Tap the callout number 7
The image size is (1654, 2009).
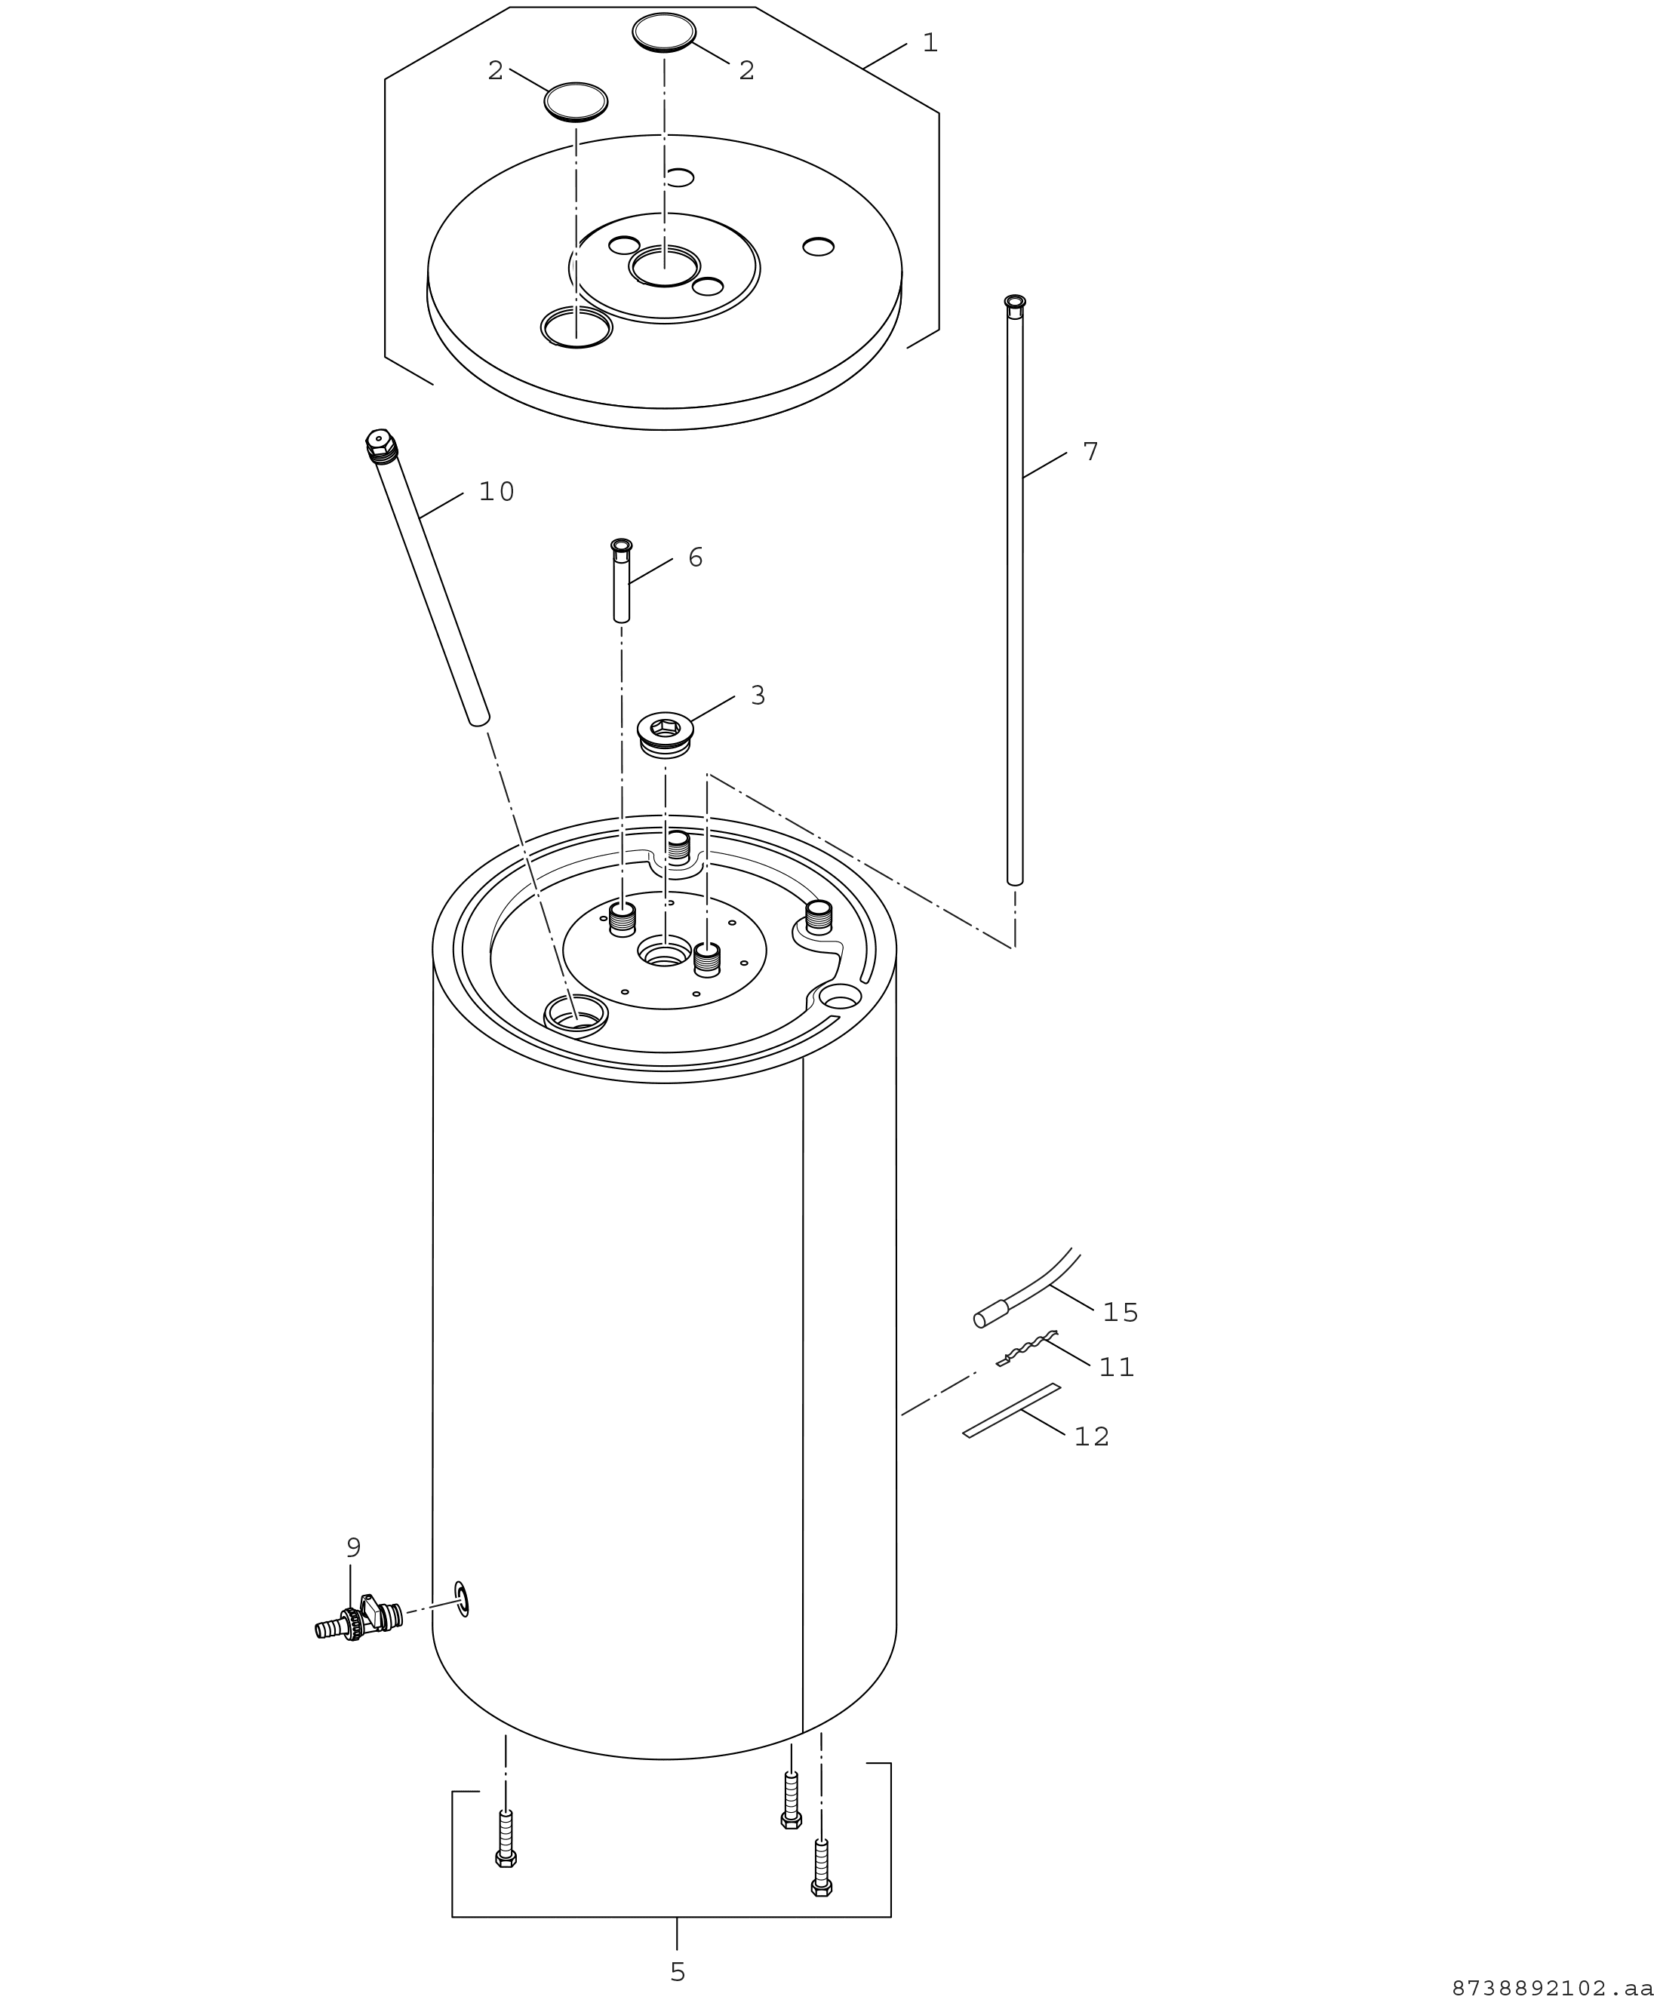[1091, 453]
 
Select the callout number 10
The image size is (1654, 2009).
[497, 493]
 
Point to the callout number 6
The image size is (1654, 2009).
[696, 558]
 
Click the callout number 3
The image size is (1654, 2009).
[758, 696]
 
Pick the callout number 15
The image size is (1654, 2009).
[1121, 1313]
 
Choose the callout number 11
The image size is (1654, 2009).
[1117, 1368]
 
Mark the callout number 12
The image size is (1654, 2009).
[1092, 1437]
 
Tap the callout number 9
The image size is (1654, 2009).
[353, 1548]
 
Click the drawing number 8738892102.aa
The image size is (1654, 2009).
[1552, 1988]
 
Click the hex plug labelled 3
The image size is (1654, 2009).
[665, 735]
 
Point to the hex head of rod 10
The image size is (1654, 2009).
[380, 441]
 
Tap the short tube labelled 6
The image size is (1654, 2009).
[621, 580]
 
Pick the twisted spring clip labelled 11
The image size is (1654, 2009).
[1027, 1349]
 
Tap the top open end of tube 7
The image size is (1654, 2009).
[1015, 301]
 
